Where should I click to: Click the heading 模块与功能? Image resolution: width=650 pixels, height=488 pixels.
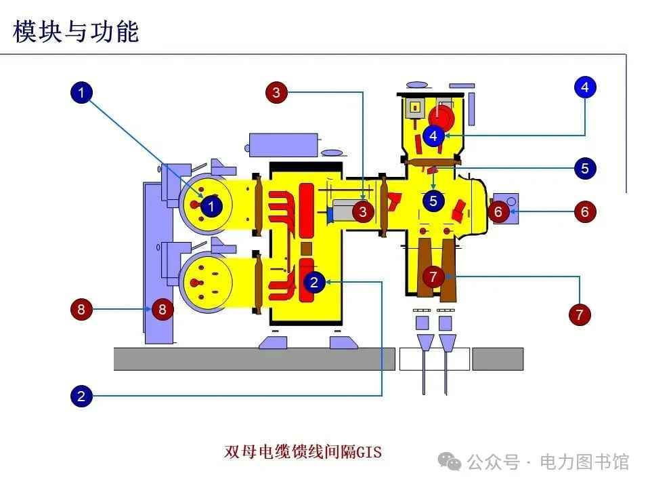(76, 31)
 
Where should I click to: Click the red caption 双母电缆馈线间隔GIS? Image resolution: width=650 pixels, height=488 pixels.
(303, 451)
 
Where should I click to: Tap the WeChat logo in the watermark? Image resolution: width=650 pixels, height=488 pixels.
(450, 462)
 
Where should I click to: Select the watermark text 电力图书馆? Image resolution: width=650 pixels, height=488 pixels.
(584, 462)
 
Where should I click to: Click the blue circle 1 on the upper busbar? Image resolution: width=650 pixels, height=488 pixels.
(211, 206)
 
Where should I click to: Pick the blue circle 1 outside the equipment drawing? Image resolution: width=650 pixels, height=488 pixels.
(81, 93)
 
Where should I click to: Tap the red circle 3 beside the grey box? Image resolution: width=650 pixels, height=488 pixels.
(363, 212)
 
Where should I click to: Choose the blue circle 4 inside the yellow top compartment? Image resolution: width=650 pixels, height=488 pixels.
(433, 136)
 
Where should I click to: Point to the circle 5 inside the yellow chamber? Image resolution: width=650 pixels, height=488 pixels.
(433, 201)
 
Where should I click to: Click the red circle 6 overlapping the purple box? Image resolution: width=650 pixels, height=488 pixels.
(498, 211)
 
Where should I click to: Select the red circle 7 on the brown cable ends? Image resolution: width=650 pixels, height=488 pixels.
(433, 277)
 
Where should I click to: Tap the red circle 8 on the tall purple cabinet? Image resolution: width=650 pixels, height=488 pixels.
(162, 309)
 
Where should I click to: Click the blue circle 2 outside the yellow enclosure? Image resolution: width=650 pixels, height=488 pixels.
(81, 396)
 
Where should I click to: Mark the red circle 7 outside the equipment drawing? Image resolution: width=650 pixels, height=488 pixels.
(580, 314)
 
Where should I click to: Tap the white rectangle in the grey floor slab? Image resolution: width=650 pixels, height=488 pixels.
(435, 359)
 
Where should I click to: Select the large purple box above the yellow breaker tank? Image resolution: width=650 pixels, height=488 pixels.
(284, 145)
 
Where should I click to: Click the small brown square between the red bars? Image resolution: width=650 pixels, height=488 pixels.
(306, 249)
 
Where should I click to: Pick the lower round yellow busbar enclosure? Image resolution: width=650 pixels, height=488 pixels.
(207, 282)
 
